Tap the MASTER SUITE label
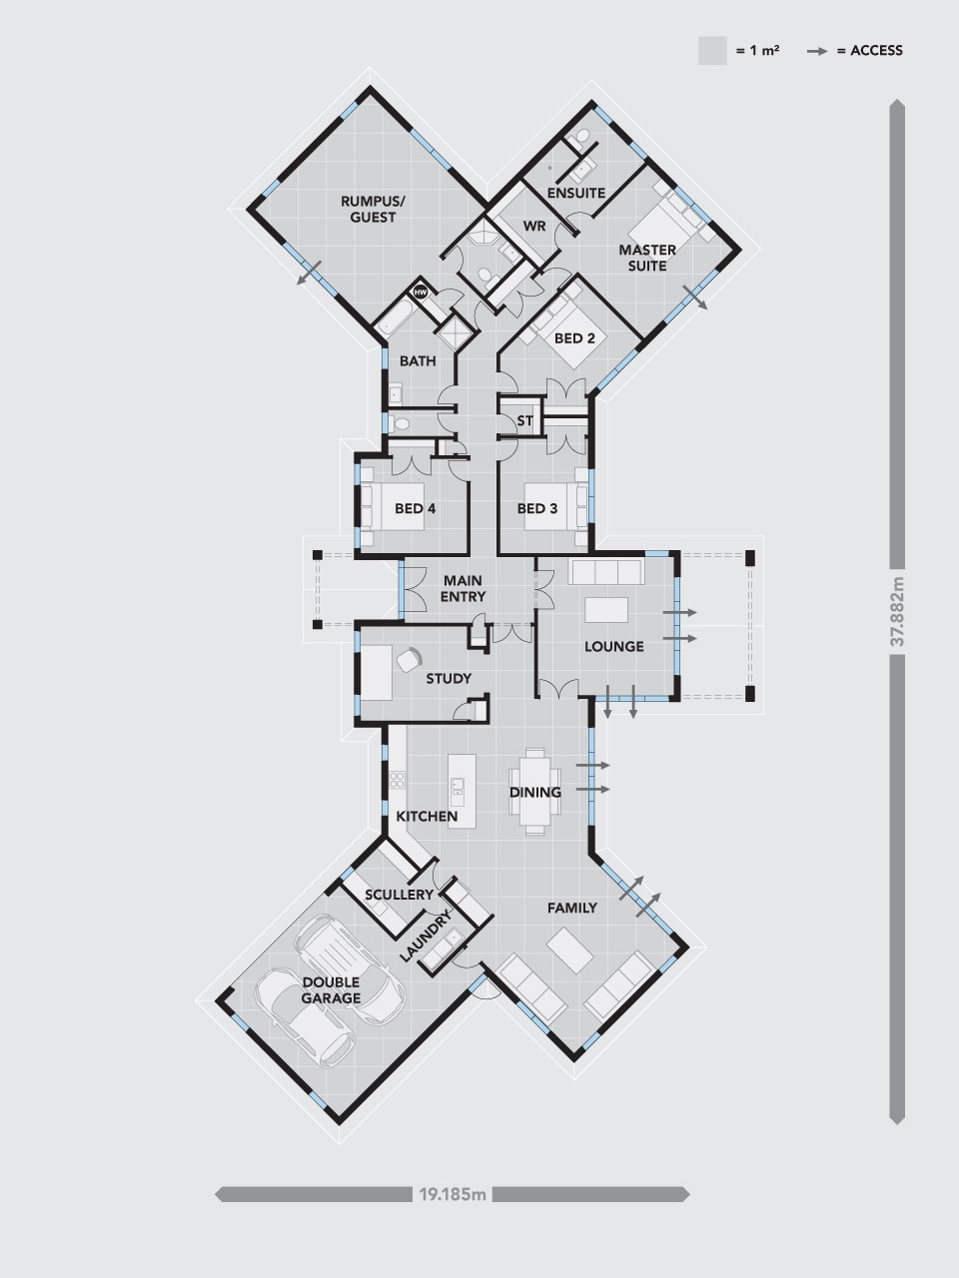647,258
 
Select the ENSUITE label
576,192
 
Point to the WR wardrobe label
534,226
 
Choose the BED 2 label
574,338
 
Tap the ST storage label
524,420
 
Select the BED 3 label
537,508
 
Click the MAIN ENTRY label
463,588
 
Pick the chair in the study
409,659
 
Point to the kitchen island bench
461,789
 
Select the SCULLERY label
400,895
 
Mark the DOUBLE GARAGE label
332,989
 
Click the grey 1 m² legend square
712,51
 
